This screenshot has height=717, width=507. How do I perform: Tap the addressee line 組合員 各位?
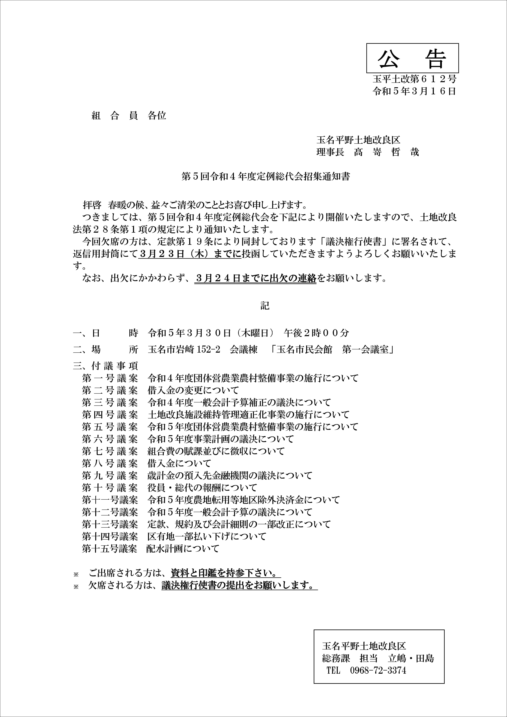(x=129, y=116)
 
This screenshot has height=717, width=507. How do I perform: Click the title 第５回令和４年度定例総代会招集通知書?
(x=266, y=177)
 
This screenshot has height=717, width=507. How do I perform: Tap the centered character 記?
(x=265, y=306)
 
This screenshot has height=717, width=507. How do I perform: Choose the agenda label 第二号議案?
(x=110, y=390)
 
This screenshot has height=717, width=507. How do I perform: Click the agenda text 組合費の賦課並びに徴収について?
(x=216, y=451)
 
